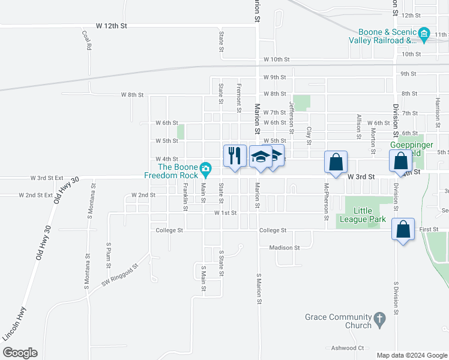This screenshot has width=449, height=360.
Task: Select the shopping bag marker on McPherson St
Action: click(x=336, y=161)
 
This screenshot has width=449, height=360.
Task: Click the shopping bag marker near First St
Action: click(x=403, y=229)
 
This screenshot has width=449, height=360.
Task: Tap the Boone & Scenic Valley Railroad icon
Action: click(x=424, y=32)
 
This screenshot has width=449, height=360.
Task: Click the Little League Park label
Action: click(x=370, y=215)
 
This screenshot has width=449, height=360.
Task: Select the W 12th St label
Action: click(x=112, y=26)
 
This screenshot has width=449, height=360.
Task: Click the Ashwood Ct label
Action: click(x=348, y=348)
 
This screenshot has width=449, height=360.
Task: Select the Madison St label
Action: click(x=280, y=247)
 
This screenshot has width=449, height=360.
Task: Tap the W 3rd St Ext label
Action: click(x=47, y=178)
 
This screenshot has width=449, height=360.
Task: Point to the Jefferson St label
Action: click(x=292, y=117)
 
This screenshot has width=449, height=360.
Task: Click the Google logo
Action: click(x=20, y=353)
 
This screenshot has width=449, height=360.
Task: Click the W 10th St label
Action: click(x=276, y=60)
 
